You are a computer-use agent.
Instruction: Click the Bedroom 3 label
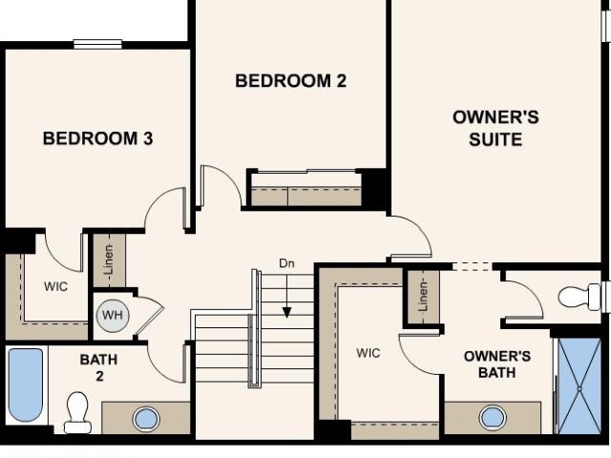point(97,138)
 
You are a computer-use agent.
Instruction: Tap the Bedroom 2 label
point(290,81)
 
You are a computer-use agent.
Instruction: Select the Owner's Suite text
point(495,129)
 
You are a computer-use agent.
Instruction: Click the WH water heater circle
point(113,316)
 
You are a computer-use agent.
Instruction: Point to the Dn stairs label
point(286,263)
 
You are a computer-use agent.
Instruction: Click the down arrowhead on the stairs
point(286,312)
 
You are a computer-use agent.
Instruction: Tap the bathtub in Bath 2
point(26,385)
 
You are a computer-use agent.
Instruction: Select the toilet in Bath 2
point(77,412)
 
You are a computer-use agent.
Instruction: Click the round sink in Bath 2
point(146,419)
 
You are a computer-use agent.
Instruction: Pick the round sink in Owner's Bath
point(493,418)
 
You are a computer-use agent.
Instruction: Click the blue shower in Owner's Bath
point(579,385)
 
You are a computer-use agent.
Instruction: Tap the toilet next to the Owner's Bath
point(579,297)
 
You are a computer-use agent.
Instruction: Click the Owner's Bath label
point(497,364)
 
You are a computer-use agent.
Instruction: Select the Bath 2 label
point(98,367)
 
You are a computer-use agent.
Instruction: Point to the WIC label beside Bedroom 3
point(55,286)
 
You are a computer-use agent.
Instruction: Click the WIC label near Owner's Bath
point(369,353)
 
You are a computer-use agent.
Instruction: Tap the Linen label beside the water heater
point(109,260)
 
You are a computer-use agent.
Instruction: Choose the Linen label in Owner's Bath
point(423,297)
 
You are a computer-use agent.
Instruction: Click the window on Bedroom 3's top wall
point(97,45)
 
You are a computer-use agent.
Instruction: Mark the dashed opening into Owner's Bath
point(472,267)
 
